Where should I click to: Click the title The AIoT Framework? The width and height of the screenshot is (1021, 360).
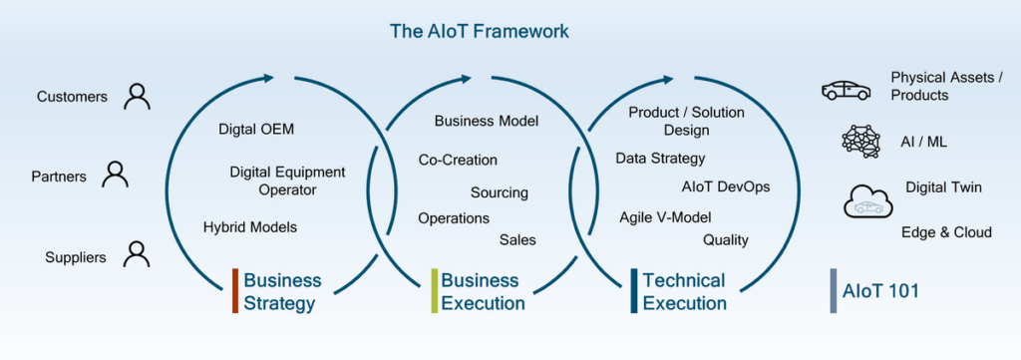[479, 31]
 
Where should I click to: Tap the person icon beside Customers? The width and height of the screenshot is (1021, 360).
[137, 97]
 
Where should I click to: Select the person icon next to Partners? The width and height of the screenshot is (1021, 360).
[115, 175]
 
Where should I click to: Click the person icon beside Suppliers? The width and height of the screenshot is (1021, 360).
[136, 254]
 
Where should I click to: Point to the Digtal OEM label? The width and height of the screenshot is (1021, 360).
[256, 130]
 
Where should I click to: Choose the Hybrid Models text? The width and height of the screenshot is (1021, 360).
[250, 227]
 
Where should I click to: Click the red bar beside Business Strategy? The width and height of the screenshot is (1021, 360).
[235, 291]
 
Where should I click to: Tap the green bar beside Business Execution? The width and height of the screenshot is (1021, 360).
[435, 291]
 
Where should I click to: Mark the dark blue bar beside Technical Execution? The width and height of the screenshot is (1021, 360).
[634, 291]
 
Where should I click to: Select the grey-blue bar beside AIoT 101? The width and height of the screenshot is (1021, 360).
[834, 291]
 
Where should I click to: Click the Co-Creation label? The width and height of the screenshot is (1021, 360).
[458, 161]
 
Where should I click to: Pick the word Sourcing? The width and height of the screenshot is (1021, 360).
[500, 193]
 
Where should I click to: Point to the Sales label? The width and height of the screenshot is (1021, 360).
[517, 240]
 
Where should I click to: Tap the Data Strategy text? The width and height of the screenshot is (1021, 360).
[660, 159]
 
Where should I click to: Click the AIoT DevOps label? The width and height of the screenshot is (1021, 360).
[726, 187]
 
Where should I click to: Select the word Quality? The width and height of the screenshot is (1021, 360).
[726, 241]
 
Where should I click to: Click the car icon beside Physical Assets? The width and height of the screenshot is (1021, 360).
[846, 91]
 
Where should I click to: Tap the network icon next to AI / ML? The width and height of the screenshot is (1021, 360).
[860, 142]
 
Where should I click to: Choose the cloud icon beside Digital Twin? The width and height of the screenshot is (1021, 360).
[868, 201]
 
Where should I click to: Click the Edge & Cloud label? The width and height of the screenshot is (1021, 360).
[947, 232]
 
